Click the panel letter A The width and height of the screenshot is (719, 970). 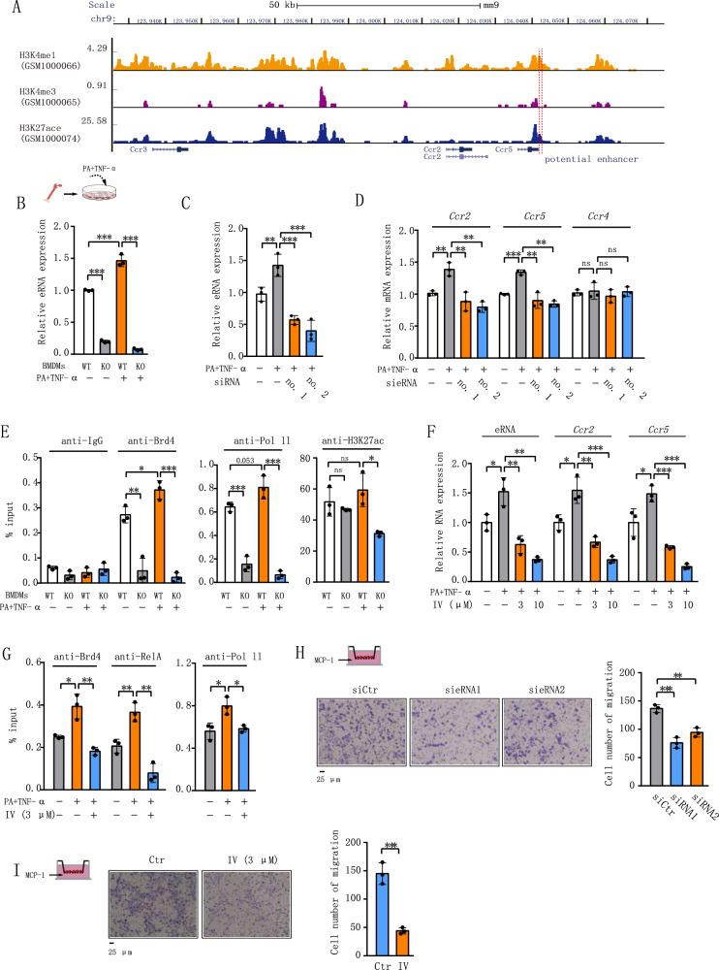click(7, 7)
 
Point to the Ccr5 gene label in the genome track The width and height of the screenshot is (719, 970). click(503, 150)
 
